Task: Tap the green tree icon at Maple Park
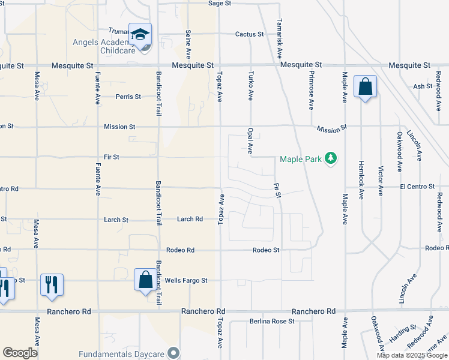[330, 158]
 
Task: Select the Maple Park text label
[301, 159]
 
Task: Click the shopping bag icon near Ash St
[365, 88]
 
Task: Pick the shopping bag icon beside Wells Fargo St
[145, 280]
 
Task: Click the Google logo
[20, 353]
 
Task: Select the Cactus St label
[250, 34]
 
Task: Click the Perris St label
[128, 96]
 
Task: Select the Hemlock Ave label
[361, 180]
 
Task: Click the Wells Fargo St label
[186, 280]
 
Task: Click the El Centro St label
[418, 187]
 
